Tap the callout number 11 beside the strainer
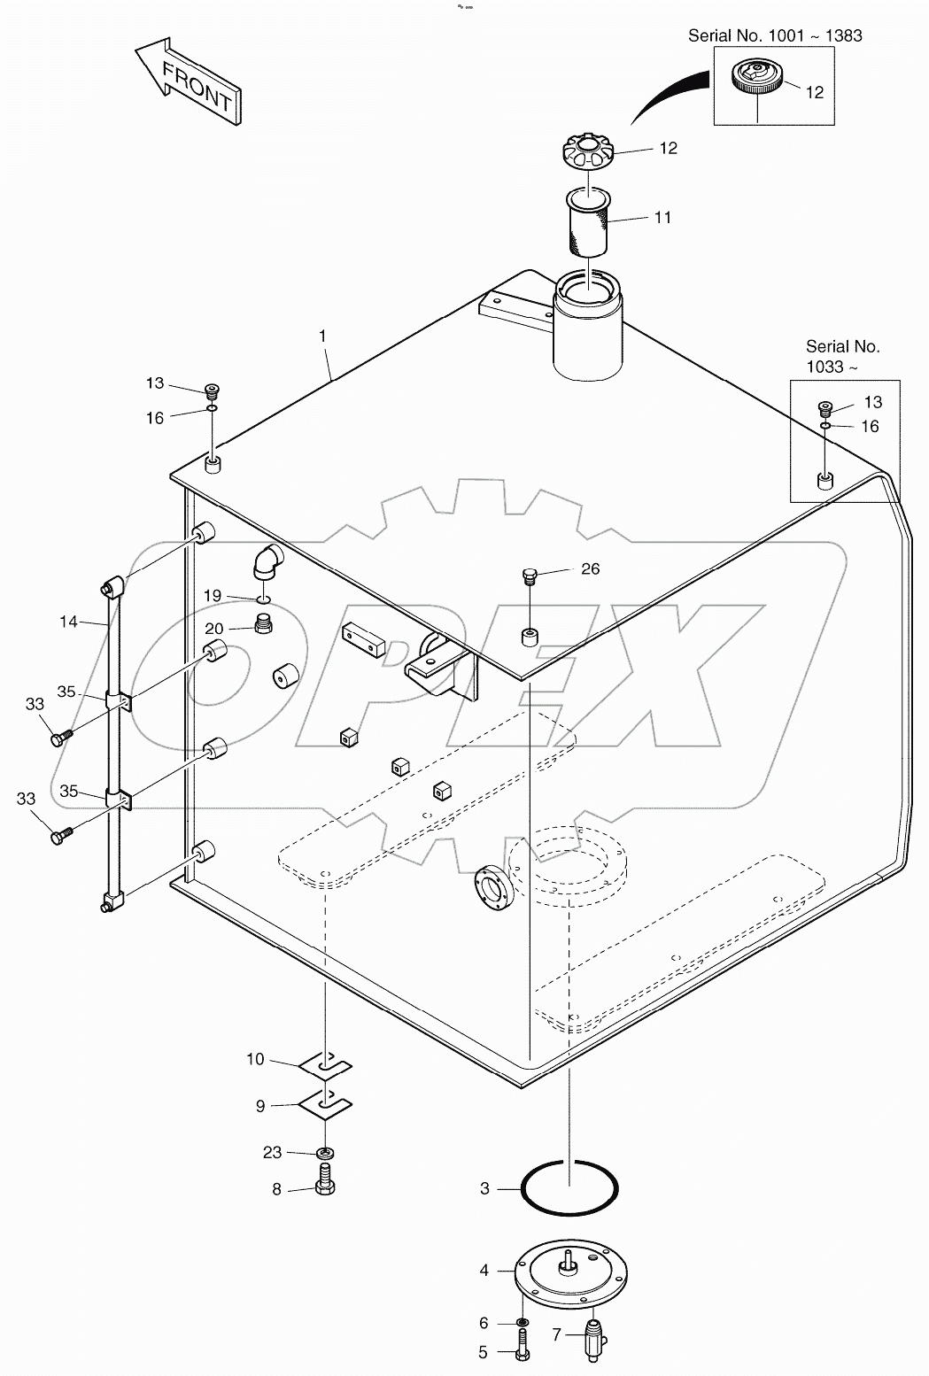click(662, 217)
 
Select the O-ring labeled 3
click(569, 1188)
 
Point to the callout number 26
click(590, 568)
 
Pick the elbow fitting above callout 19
click(267, 561)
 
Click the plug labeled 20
click(263, 626)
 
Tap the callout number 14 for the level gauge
click(69, 622)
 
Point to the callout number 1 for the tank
click(323, 336)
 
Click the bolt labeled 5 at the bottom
click(523, 1352)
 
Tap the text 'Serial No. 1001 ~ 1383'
click(775, 35)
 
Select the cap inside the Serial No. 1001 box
click(757, 79)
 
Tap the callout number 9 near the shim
click(260, 1105)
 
